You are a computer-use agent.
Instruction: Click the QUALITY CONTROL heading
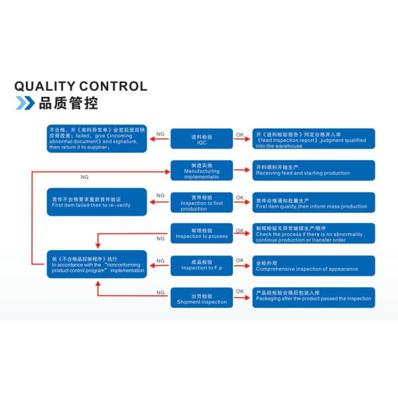click(81, 86)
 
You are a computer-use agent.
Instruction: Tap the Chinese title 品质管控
click(68, 103)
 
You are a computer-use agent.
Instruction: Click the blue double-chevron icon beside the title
click(25, 103)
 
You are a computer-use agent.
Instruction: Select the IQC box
click(202, 139)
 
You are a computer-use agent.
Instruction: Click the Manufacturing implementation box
click(202, 170)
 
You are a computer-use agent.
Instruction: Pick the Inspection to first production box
click(202, 202)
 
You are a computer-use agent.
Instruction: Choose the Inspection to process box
click(202, 233)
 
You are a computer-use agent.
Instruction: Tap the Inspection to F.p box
click(202, 265)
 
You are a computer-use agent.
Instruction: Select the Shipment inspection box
click(202, 297)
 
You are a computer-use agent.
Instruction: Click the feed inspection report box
click(313, 139)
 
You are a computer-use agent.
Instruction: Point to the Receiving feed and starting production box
click(313, 170)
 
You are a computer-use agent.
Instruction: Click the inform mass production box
click(313, 202)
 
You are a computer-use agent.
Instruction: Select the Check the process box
click(313, 233)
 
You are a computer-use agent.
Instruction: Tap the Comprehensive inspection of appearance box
click(313, 265)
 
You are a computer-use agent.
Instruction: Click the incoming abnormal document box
click(97, 138)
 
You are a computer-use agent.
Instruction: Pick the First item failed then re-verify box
click(97, 202)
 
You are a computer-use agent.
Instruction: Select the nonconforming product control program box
click(97, 265)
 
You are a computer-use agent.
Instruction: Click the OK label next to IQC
click(239, 135)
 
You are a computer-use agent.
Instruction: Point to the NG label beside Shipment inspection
click(160, 293)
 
